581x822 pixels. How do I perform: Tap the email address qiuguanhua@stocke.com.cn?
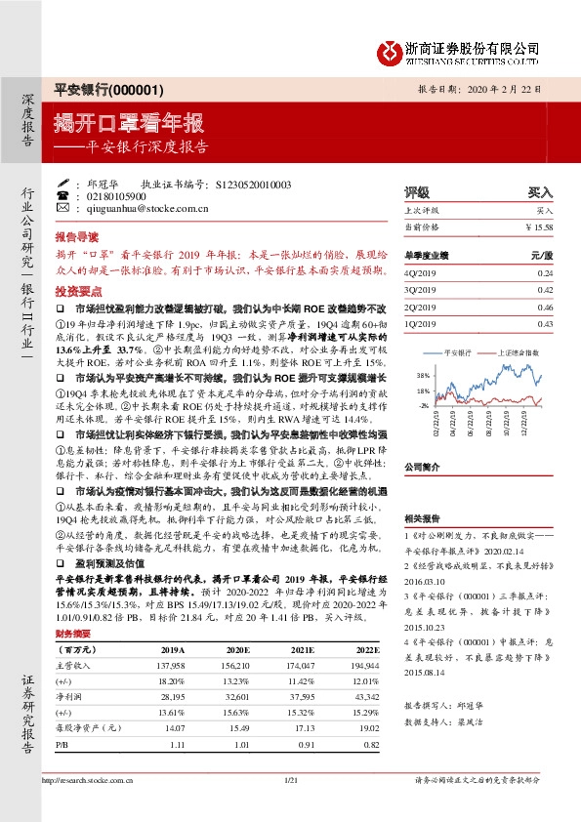147,208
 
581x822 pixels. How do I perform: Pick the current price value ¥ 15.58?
539,226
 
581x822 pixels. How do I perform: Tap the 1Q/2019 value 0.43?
545,323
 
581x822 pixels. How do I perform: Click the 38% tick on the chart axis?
423,376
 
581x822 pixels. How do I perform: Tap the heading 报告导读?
75,237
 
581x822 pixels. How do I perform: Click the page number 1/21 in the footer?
289,808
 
